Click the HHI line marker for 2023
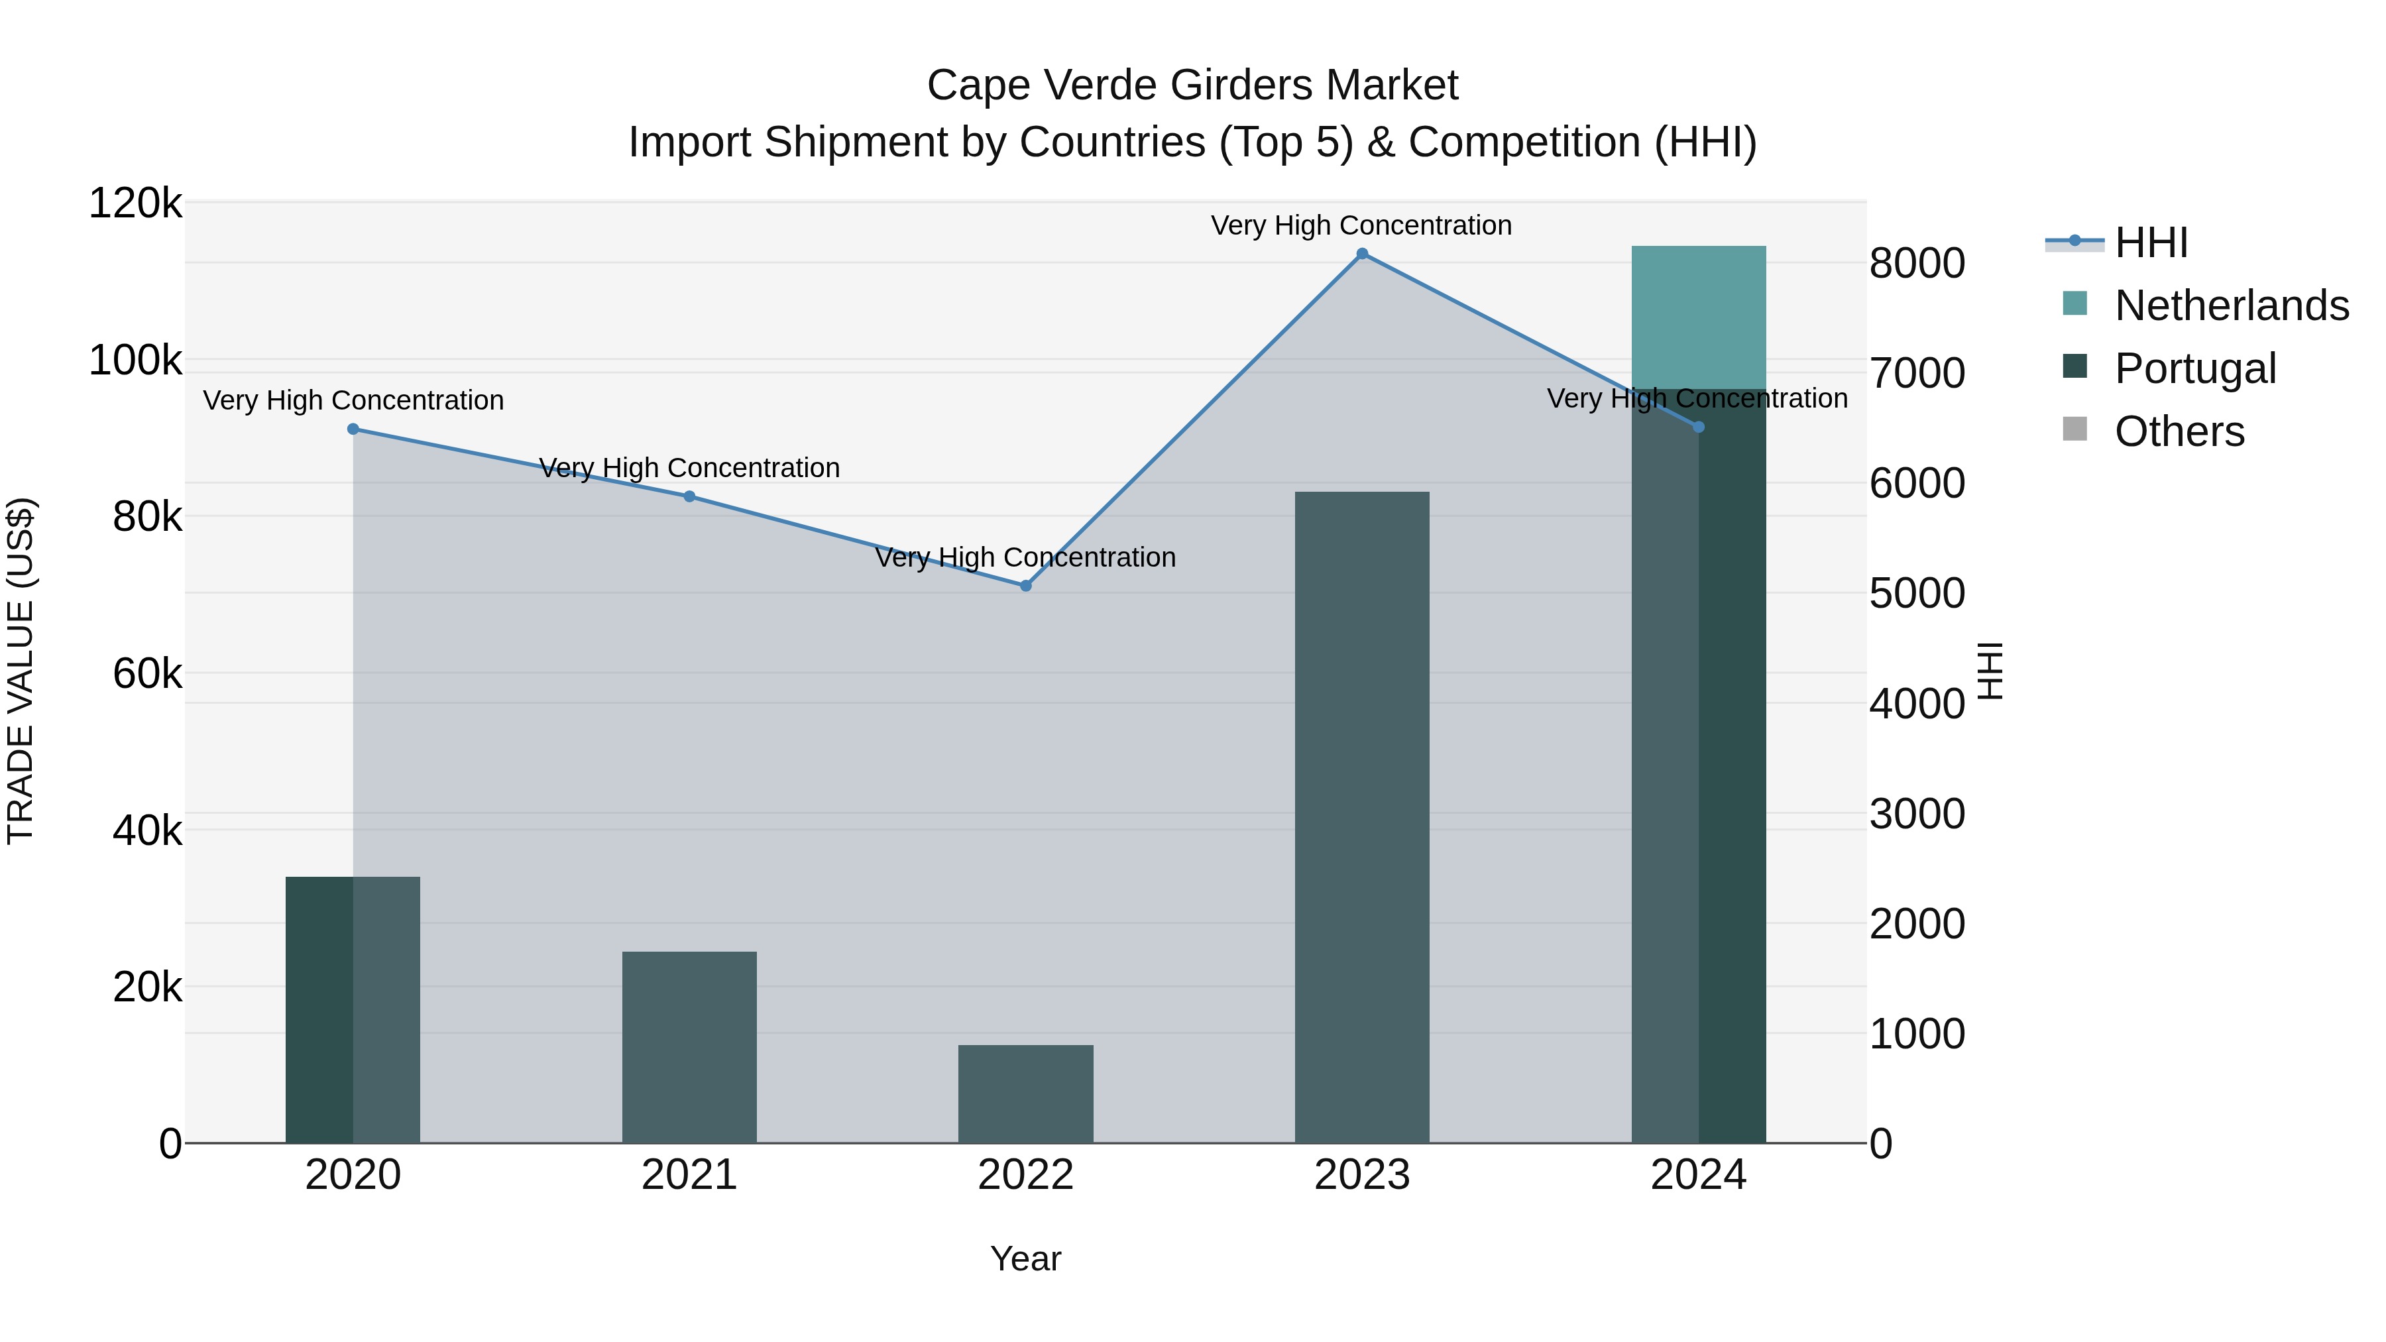(x=1361, y=254)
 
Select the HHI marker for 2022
(x=1025, y=585)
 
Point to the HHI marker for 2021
(x=689, y=496)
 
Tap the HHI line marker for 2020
(x=353, y=429)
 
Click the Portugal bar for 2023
(x=1361, y=815)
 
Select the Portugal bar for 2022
(x=1025, y=1093)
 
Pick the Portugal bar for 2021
(x=689, y=1046)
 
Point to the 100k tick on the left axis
(x=135, y=361)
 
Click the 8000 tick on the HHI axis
(x=1916, y=264)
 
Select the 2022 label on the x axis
(x=1025, y=1175)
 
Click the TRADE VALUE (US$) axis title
(x=21, y=671)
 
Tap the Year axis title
(x=1025, y=1258)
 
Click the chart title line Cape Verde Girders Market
(x=1192, y=85)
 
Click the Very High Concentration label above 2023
(x=1361, y=225)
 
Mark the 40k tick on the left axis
(x=147, y=831)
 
